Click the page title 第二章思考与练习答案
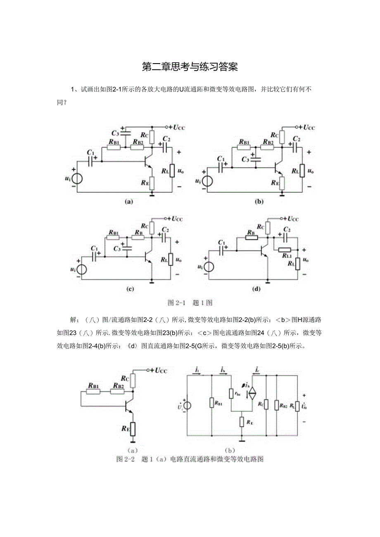[x=190, y=67]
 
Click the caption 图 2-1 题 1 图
[x=190, y=303]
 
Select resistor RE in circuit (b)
[x=282, y=183]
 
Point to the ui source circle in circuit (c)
[x=82, y=269]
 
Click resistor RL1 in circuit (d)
[x=285, y=249]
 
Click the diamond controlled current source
[x=252, y=393]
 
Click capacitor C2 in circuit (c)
[x=165, y=237]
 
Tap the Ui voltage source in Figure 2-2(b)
[x=188, y=405]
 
